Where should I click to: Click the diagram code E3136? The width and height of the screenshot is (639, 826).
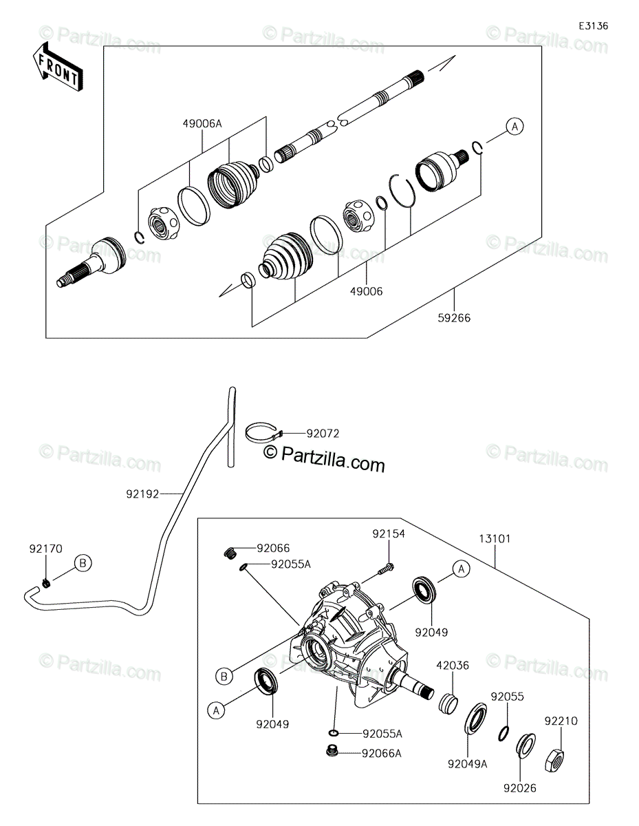tap(594, 26)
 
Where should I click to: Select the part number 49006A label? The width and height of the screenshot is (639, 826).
tap(202, 123)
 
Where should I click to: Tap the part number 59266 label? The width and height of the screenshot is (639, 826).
tap(454, 318)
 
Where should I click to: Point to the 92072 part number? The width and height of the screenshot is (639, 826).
tap(323, 434)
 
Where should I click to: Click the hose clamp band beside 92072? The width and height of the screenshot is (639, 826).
tap(264, 433)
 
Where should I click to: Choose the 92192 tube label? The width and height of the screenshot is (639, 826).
tap(142, 494)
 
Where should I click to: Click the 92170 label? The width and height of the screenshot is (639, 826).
tap(46, 549)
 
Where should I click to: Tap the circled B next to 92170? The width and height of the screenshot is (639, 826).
tap(83, 562)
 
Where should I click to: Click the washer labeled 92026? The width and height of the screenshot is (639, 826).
tap(526, 745)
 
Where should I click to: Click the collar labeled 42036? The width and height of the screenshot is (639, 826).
tap(448, 703)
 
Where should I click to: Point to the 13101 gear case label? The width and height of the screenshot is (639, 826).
tap(495, 539)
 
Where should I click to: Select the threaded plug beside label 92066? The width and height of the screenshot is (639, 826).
tap(230, 553)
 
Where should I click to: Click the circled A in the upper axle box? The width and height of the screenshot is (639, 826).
tap(515, 126)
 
